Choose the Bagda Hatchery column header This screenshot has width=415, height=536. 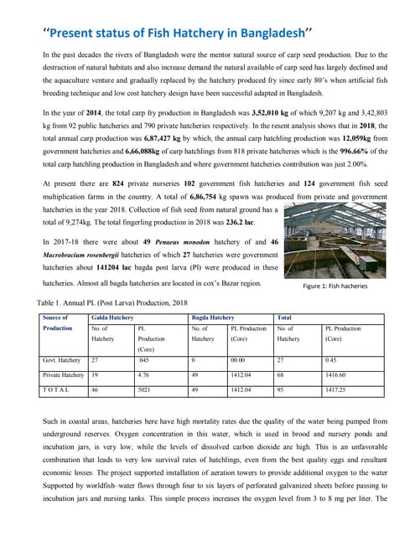tap(214, 318)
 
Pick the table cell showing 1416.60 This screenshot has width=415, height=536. tap(338, 376)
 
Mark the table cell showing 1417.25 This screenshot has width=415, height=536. tap(338, 389)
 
